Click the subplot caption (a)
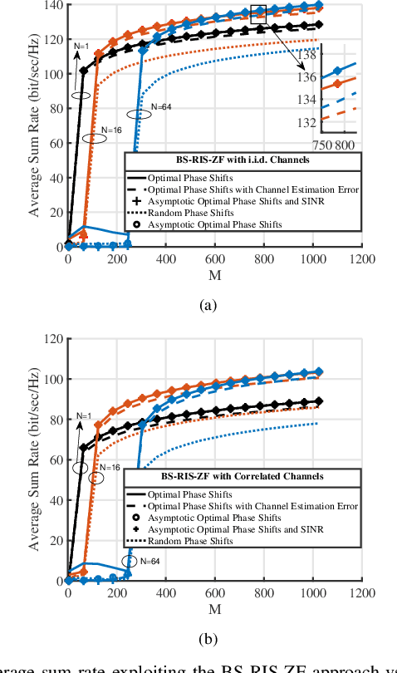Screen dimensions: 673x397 (x=208, y=305)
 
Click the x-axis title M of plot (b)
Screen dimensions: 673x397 (x=214, y=610)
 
